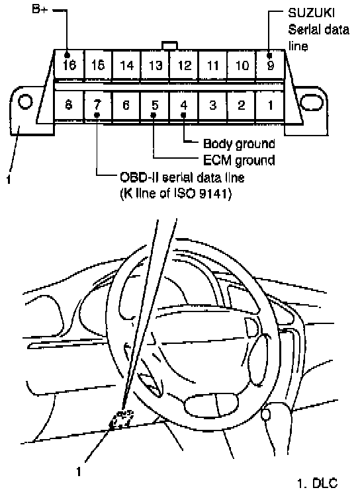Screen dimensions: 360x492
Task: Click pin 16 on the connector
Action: point(69,64)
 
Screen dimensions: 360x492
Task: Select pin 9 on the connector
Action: point(270,64)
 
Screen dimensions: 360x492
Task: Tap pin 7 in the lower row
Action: point(98,105)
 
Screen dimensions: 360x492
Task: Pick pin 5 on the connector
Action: point(155,105)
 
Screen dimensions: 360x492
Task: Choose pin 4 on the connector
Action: point(184,105)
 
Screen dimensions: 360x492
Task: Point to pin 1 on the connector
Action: point(270,105)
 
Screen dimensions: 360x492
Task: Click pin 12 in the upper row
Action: point(184,64)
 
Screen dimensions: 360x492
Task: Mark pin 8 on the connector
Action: point(69,105)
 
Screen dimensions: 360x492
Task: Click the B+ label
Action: point(40,9)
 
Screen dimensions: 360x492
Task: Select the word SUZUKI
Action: point(311,13)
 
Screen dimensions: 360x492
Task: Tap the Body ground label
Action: point(239,143)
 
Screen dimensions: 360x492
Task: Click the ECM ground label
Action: point(239,160)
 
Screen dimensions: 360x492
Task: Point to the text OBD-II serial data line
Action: point(182,178)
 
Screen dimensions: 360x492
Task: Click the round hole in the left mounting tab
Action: point(25,102)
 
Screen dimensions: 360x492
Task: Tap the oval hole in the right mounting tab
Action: point(312,102)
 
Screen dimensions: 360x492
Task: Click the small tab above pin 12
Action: point(169,46)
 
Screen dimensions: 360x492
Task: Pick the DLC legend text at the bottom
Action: point(317,483)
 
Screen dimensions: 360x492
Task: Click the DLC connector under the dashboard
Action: point(122,419)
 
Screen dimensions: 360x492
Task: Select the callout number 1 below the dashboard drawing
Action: point(79,471)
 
